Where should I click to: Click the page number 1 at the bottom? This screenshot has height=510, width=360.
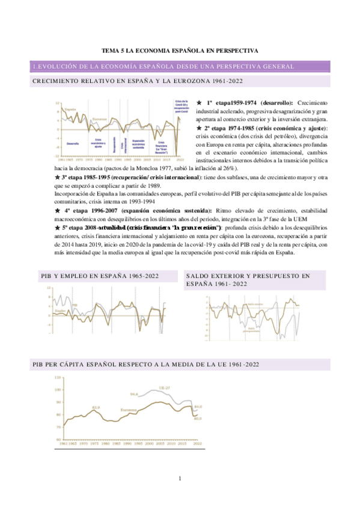[x=180, y=478]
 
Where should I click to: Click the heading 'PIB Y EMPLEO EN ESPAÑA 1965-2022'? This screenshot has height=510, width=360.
[x=99, y=275]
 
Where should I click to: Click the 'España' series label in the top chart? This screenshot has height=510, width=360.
[x=70, y=109]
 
